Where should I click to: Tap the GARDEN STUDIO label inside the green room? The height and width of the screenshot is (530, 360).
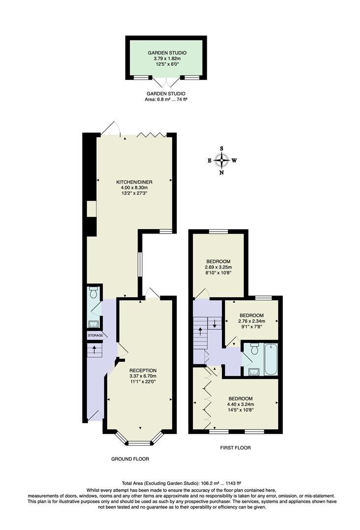[167, 53]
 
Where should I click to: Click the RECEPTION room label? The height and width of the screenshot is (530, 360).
[142, 371]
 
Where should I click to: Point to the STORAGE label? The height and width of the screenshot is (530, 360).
[95, 335]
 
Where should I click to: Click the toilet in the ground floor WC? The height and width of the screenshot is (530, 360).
[94, 293]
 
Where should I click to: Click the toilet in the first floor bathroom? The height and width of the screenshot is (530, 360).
[253, 349]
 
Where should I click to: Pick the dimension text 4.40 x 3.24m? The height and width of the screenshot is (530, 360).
[240, 404]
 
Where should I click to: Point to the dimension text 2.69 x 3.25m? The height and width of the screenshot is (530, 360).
[218, 267]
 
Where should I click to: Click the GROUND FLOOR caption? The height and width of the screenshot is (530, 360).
[130, 459]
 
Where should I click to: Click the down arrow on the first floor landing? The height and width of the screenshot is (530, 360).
[215, 325]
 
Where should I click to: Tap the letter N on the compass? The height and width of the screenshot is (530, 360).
[222, 172]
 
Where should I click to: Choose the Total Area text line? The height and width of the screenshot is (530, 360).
[180, 483]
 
